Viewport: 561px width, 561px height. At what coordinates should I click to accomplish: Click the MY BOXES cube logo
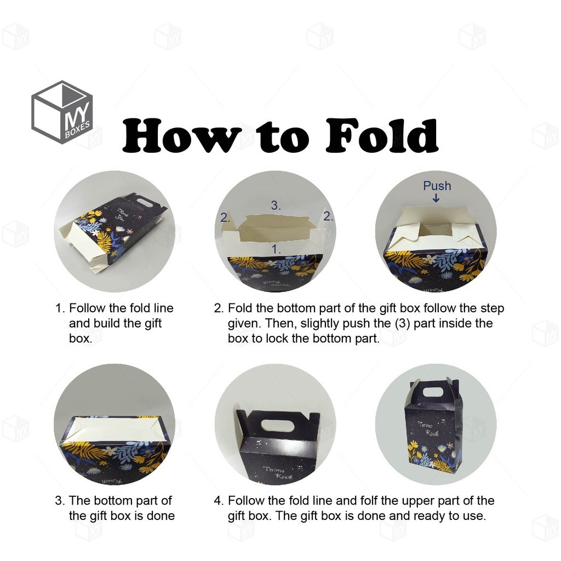(x=62, y=112)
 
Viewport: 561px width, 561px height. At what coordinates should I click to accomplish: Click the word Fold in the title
(x=382, y=135)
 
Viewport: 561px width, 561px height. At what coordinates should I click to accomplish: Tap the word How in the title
(x=182, y=135)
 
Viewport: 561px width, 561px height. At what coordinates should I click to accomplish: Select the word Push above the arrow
(x=437, y=186)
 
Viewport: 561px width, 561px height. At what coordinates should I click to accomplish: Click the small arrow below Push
(x=436, y=198)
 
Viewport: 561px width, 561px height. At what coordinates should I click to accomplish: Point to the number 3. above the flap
(x=276, y=205)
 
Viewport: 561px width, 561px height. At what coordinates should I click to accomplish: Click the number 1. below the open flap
(x=276, y=249)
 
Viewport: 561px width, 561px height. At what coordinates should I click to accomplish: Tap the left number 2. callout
(x=225, y=217)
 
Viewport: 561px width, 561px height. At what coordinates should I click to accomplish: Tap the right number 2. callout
(x=328, y=216)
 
